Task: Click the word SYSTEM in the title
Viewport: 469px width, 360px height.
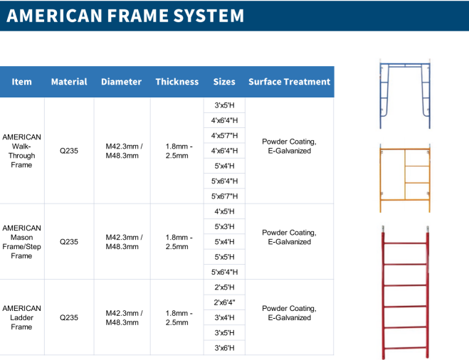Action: click(x=209, y=16)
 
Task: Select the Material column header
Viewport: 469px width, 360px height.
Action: click(x=69, y=82)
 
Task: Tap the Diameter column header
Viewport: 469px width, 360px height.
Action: click(x=121, y=82)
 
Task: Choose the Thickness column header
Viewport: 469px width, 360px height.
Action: click(x=177, y=82)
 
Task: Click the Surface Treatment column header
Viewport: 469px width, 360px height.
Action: click(x=289, y=82)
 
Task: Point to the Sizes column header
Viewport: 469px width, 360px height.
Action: click(x=224, y=82)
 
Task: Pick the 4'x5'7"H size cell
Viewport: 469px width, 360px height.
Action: click(x=224, y=135)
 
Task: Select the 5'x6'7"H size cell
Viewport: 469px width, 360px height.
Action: click(x=224, y=196)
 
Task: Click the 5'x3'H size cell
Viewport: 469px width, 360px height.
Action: click(x=224, y=227)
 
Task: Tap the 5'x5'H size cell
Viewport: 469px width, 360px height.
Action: click(x=224, y=257)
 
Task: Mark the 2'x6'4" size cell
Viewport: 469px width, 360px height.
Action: click(x=224, y=302)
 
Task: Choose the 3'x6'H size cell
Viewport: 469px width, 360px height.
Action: click(x=224, y=348)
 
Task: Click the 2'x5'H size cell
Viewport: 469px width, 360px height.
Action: click(x=224, y=287)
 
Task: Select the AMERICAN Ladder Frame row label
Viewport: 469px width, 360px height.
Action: click(x=21, y=317)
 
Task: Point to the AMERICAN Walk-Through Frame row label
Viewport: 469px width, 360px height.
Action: click(x=21, y=151)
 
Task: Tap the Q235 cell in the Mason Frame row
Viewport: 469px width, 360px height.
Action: click(x=69, y=242)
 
